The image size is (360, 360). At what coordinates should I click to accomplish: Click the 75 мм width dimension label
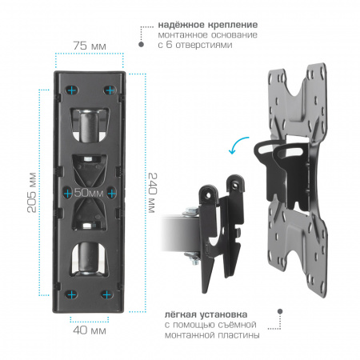(x=90, y=46)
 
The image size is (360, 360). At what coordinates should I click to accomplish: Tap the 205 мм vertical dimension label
(x=32, y=193)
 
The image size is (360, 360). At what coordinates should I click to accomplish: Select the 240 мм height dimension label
(x=153, y=193)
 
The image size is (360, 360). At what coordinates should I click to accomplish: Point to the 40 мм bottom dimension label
(x=90, y=330)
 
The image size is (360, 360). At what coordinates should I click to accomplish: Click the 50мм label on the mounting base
(x=89, y=193)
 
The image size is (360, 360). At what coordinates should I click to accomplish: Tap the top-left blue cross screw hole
(x=72, y=90)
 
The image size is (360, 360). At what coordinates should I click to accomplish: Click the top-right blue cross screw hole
(x=110, y=90)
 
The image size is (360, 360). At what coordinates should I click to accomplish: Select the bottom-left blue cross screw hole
(x=71, y=295)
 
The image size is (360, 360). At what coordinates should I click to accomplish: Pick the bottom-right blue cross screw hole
(x=107, y=295)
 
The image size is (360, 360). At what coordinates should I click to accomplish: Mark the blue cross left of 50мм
(x=68, y=193)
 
